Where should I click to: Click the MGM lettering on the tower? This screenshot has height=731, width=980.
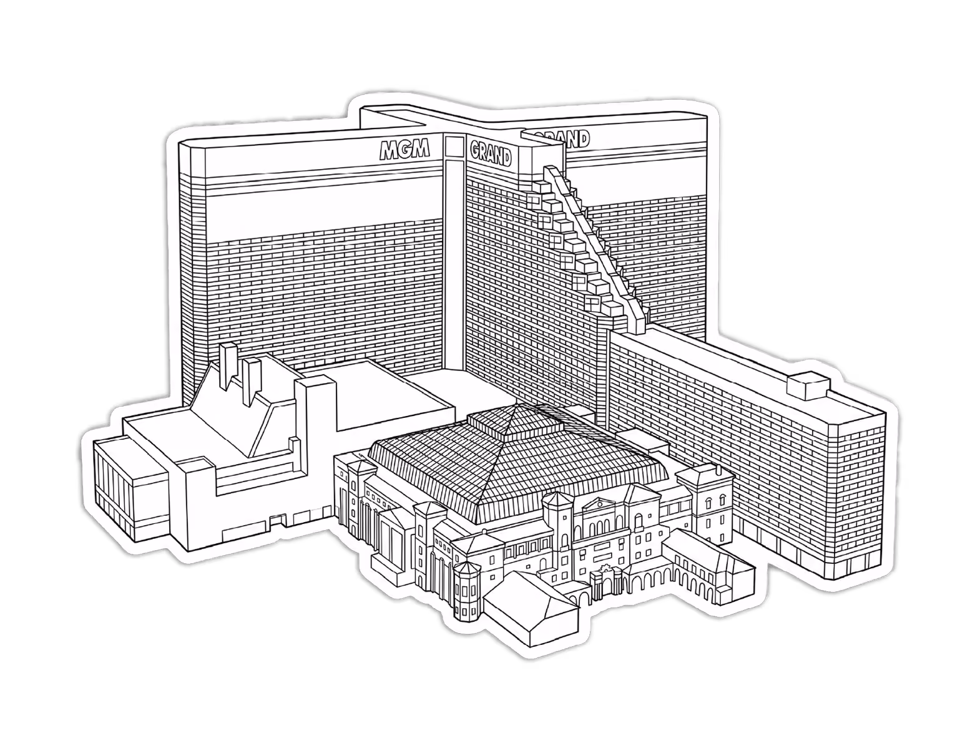[404, 150]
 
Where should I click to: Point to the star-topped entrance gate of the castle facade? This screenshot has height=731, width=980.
[607, 579]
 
